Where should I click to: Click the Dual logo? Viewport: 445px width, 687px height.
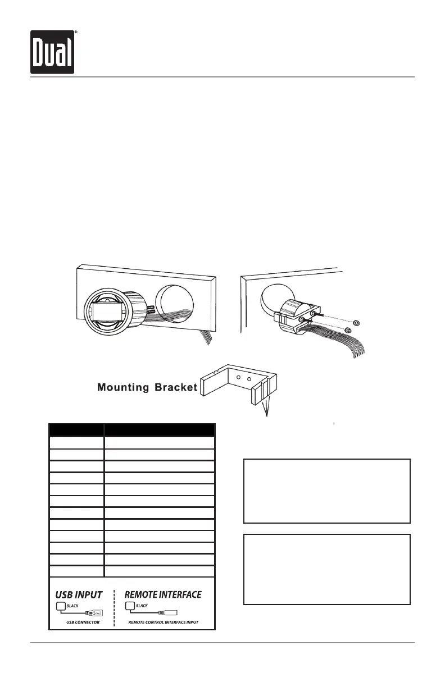pos(53,52)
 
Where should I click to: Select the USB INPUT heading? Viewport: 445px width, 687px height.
pos(79,594)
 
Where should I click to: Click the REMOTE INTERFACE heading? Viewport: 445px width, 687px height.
pos(163,594)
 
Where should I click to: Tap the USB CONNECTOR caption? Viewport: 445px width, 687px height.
pos(79,622)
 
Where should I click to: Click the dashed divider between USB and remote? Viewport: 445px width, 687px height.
pos(115,607)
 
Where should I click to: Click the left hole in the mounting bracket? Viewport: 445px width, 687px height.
pos(238,377)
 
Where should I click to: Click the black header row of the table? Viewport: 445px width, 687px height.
pos(132,430)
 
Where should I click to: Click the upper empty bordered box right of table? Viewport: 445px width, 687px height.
pos(326,491)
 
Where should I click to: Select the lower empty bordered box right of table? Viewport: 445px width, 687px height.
pos(326,569)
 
